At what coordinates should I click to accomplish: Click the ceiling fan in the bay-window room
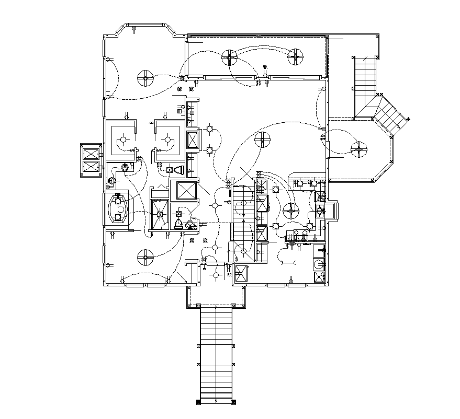(x=145, y=79)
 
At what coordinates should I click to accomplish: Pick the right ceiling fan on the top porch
(x=296, y=57)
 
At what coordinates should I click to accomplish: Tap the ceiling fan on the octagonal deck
(x=358, y=149)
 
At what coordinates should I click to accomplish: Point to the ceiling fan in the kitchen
(x=290, y=211)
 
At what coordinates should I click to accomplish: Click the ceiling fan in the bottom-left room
(x=145, y=257)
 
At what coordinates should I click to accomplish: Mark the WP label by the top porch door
(x=265, y=67)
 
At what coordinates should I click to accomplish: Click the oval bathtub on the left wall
(x=118, y=208)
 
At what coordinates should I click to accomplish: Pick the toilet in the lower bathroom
(x=178, y=224)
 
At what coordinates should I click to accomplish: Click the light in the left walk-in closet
(x=124, y=139)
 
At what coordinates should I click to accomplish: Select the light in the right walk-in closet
(x=167, y=139)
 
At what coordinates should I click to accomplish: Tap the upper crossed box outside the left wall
(x=91, y=154)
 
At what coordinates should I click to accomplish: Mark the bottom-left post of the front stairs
(x=198, y=402)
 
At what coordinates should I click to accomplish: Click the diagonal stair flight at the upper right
(x=388, y=116)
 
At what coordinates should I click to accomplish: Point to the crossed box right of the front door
(x=241, y=274)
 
